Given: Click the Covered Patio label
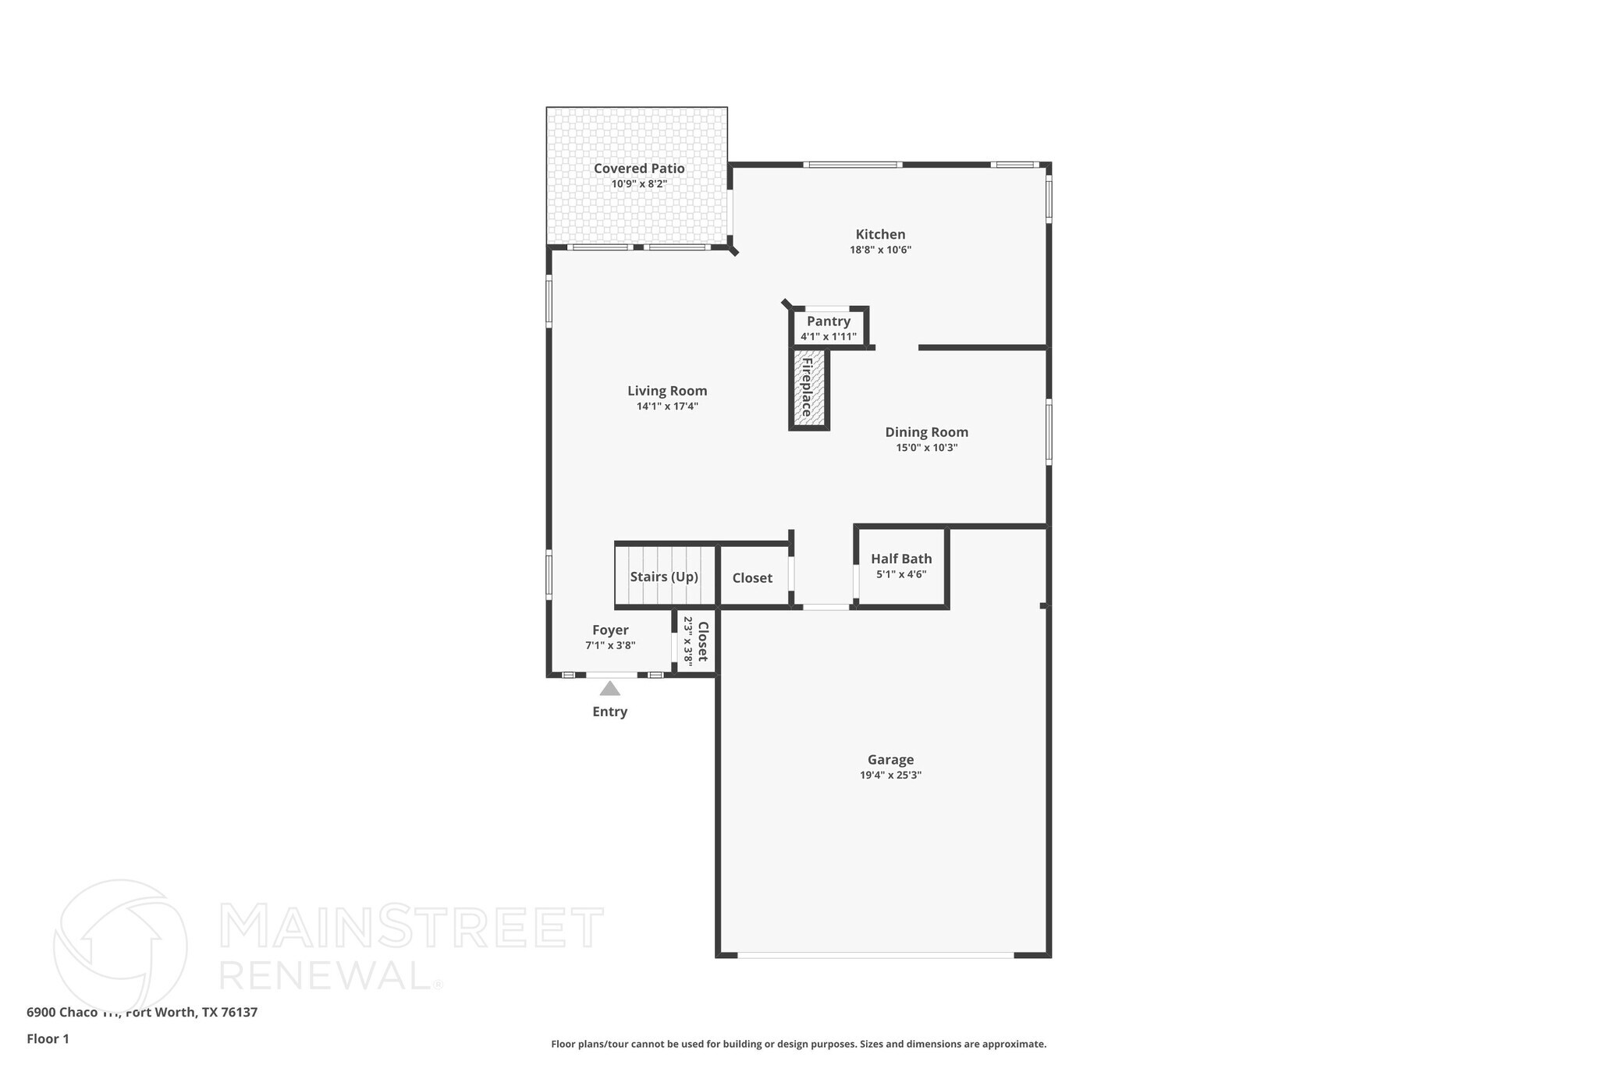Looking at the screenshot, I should click(x=639, y=169).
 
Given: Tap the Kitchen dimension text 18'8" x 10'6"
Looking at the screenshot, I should click(x=880, y=250).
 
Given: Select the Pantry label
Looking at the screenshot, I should click(x=828, y=321).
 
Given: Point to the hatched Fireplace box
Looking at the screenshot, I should click(x=808, y=389).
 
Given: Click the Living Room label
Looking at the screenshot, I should click(x=667, y=391).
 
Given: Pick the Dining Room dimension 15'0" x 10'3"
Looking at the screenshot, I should click(x=926, y=448).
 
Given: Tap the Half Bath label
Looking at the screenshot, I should click(x=901, y=559).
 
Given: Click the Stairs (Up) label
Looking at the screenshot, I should click(x=664, y=577).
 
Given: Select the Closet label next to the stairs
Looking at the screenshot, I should click(x=752, y=578).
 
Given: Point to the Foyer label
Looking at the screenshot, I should click(x=610, y=630).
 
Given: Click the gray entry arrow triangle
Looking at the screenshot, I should click(x=609, y=688).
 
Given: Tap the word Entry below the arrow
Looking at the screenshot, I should click(x=609, y=712).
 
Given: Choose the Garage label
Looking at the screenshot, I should click(x=890, y=760).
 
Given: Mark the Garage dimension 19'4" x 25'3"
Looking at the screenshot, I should click(x=890, y=776).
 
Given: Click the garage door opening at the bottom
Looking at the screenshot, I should click(x=875, y=955).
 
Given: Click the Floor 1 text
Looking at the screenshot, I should click(x=48, y=1039).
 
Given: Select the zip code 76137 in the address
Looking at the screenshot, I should click(x=240, y=1013).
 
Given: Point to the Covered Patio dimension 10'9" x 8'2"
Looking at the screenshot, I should click(x=639, y=184).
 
